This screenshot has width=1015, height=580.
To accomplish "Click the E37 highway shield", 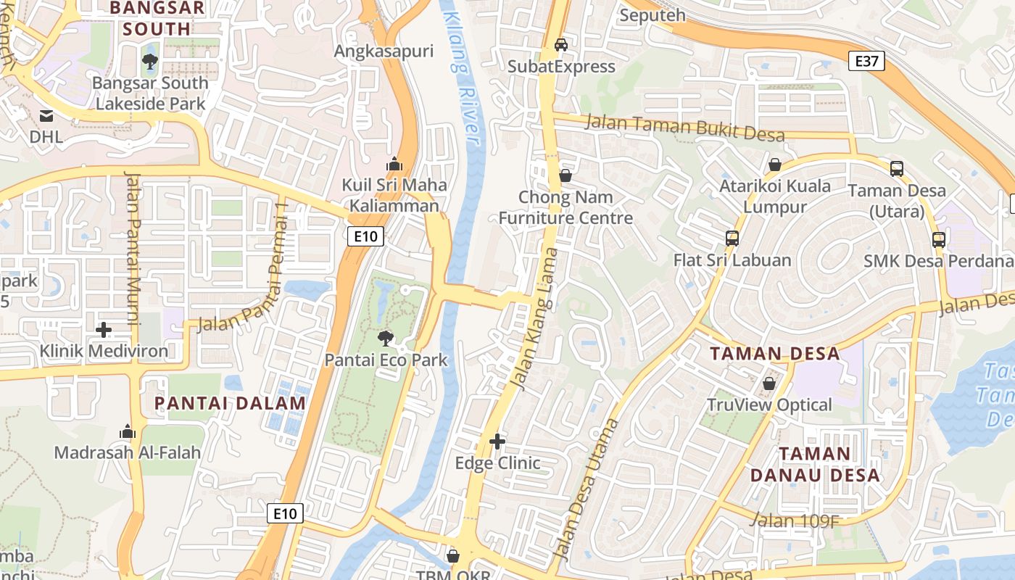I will tap(866, 62).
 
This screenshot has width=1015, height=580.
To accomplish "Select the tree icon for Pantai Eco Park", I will tap(386, 338).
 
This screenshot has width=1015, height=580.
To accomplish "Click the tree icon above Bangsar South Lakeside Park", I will tap(150, 62).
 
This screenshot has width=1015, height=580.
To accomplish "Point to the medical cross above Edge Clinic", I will tap(497, 441).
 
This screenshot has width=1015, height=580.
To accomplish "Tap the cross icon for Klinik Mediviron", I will tap(104, 330).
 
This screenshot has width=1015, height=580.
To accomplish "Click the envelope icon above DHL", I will tap(46, 115).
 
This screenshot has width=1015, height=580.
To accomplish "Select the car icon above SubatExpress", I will tap(561, 45).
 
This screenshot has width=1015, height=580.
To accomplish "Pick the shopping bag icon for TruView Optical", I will tap(769, 383).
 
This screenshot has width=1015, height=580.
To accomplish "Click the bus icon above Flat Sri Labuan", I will tap(732, 238).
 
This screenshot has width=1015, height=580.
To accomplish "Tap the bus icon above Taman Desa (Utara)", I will tap(897, 169).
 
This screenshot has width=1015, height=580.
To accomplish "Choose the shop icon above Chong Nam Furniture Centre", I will tap(565, 175).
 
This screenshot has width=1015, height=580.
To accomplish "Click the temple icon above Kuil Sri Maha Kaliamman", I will tap(394, 164).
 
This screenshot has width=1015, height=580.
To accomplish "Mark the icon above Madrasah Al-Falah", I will tap(128, 431).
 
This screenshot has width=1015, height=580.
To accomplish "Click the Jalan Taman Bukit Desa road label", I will tap(684, 128).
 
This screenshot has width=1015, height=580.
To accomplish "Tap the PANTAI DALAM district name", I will tap(230, 404).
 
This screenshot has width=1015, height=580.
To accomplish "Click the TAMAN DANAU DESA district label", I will tap(815, 465).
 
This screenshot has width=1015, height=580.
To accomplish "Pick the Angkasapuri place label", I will tap(384, 51).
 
